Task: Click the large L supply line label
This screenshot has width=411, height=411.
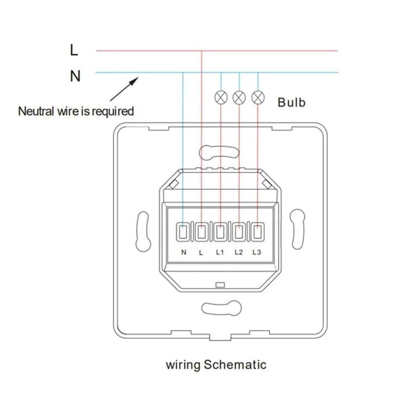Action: click(74, 50)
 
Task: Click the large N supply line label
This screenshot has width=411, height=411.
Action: click(75, 76)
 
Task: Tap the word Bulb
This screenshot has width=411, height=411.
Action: click(291, 102)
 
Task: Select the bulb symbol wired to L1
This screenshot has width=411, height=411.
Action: click(221, 97)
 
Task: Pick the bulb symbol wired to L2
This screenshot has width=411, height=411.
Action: click(239, 97)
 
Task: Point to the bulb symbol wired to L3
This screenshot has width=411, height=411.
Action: click(258, 97)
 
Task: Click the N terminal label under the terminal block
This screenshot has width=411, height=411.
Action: click(184, 252)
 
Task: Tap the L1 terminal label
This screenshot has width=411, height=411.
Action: click(220, 252)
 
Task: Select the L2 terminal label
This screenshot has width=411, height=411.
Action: click(238, 252)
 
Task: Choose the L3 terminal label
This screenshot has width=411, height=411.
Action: click(257, 252)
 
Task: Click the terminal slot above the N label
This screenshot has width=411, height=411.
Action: click(182, 232)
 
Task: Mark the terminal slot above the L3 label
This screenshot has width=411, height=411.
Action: click(258, 232)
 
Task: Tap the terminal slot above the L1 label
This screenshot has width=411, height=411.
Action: click(220, 232)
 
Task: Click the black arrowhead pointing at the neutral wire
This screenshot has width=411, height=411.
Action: click(134, 81)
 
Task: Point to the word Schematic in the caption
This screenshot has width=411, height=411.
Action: click(235, 365)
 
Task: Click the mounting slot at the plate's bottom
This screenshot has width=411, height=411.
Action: click(222, 308)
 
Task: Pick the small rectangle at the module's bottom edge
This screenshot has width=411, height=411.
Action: click(220, 285)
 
